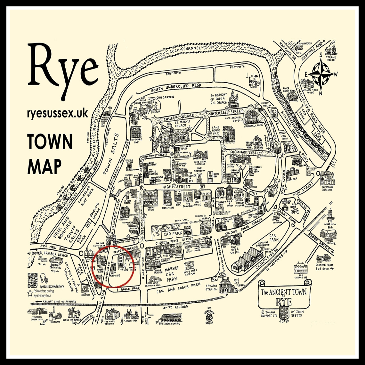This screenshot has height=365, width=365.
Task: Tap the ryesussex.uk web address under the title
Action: (x=58, y=114)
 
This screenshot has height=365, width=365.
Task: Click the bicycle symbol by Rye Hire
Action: (x=295, y=211)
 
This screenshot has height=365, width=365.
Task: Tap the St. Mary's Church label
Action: (x=182, y=124)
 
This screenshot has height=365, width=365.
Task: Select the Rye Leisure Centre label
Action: (x=169, y=324)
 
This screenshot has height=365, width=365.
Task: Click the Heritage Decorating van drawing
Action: (x=56, y=260)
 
